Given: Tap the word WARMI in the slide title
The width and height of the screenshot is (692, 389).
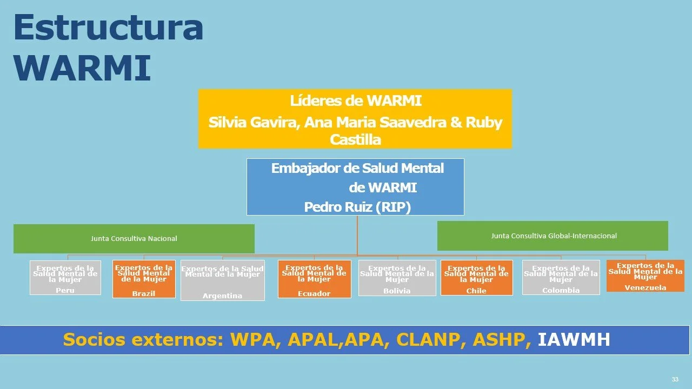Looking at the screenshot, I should click(x=82, y=67).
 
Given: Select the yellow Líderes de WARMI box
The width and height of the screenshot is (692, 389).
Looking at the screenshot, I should click(x=355, y=118).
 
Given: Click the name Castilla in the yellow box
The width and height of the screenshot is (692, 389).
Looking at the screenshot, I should click(x=355, y=139).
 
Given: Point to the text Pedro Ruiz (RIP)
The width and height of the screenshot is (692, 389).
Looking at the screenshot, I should click(x=357, y=207).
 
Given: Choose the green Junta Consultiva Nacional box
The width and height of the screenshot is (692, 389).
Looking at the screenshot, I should click(x=134, y=238).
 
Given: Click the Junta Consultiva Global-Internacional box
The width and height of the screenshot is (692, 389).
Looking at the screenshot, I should click(x=553, y=236).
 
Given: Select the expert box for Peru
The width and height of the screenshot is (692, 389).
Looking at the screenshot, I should click(x=65, y=278).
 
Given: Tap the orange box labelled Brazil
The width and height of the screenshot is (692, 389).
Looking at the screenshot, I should click(x=144, y=279).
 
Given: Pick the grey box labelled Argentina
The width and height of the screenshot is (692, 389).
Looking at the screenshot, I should click(x=222, y=281).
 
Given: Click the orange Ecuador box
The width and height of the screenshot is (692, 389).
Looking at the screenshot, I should click(x=314, y=279).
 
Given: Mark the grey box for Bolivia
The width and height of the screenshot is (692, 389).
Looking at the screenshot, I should click(x=397, y=278).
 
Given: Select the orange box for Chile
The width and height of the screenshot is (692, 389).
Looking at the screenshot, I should click(x=476, y=278).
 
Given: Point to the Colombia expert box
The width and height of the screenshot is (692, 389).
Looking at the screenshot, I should click(x=561, y=277).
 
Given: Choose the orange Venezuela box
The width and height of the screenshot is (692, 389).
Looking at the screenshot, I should click(x=645, y=276).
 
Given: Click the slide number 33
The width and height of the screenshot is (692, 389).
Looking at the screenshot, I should click(x=675, y=379).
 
